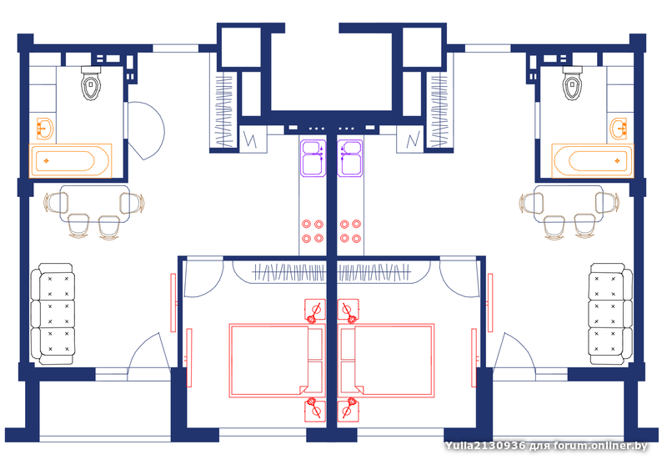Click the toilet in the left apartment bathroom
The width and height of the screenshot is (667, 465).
tap(91, 83)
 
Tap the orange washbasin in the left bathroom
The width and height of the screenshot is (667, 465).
tap(45, 129)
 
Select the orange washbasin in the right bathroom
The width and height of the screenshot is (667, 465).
tap(618, 129)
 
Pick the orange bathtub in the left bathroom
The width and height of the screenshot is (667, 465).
tap(70, 161)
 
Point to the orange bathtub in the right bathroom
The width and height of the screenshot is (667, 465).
tap(593, 161)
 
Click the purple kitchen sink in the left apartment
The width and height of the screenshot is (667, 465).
tap(313, 158)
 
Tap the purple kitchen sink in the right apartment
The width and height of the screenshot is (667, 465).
tap(349, 158)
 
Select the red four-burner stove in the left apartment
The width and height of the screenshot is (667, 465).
tap(313, 231)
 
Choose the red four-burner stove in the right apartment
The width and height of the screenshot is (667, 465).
tap(350, 231)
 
